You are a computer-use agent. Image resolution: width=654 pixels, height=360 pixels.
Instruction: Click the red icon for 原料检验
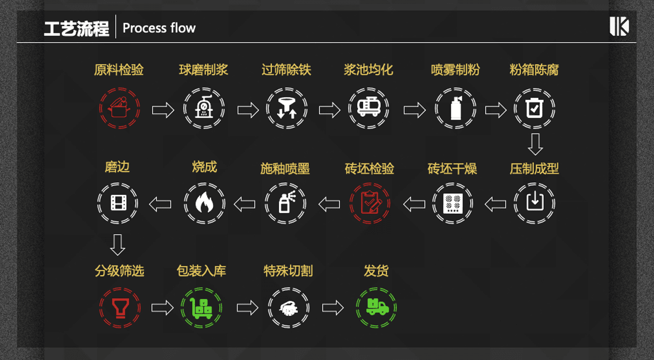point(120,109)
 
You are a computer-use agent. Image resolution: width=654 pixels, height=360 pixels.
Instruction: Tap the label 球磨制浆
point(203,70)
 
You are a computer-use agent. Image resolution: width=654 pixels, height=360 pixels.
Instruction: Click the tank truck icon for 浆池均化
point(368,108)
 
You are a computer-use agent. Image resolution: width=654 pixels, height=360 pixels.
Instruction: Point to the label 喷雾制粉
point(455,70)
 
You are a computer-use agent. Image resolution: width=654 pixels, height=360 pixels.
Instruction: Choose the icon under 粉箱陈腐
point(534,109)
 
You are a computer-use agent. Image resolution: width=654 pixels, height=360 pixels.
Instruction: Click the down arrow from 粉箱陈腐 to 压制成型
point(535,143)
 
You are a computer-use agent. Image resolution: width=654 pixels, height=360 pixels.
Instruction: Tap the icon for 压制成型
point(534,203)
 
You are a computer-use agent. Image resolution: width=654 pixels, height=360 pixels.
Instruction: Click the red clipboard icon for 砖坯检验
point(370,203)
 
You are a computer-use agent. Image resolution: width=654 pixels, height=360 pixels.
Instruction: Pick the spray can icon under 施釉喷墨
point(286,203)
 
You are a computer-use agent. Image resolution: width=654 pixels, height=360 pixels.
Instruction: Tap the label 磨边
point(117,167)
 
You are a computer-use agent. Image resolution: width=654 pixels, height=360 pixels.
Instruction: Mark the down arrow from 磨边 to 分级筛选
point(117,244)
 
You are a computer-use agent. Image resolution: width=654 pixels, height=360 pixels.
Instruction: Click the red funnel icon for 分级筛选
point(120,307)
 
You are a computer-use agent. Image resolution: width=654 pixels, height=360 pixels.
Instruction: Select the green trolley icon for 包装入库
point(202,307)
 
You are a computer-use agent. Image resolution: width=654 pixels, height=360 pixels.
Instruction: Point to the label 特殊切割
point(288,271)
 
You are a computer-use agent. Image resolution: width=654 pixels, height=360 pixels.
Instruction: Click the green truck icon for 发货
point(377,307)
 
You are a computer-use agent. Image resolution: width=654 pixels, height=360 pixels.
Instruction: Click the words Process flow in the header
point(159,28)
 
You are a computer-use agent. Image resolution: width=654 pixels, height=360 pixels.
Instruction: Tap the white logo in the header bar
point(619,27)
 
